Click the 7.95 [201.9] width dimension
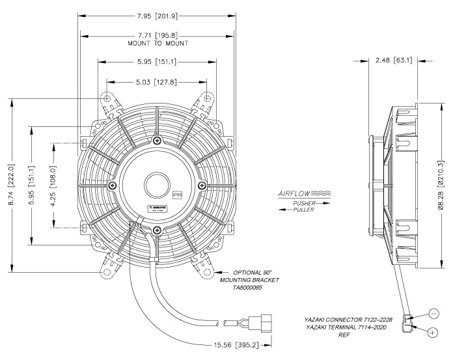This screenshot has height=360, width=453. click(x=157, y=14)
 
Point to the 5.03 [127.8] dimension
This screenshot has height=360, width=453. click(x=157, y=83)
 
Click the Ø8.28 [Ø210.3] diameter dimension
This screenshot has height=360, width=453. click(x=440, y=186)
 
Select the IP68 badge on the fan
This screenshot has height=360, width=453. click(x=177, y=195)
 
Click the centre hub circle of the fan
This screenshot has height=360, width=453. click(x=157, y=184)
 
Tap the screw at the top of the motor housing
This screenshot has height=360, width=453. click(x=157, y=141)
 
